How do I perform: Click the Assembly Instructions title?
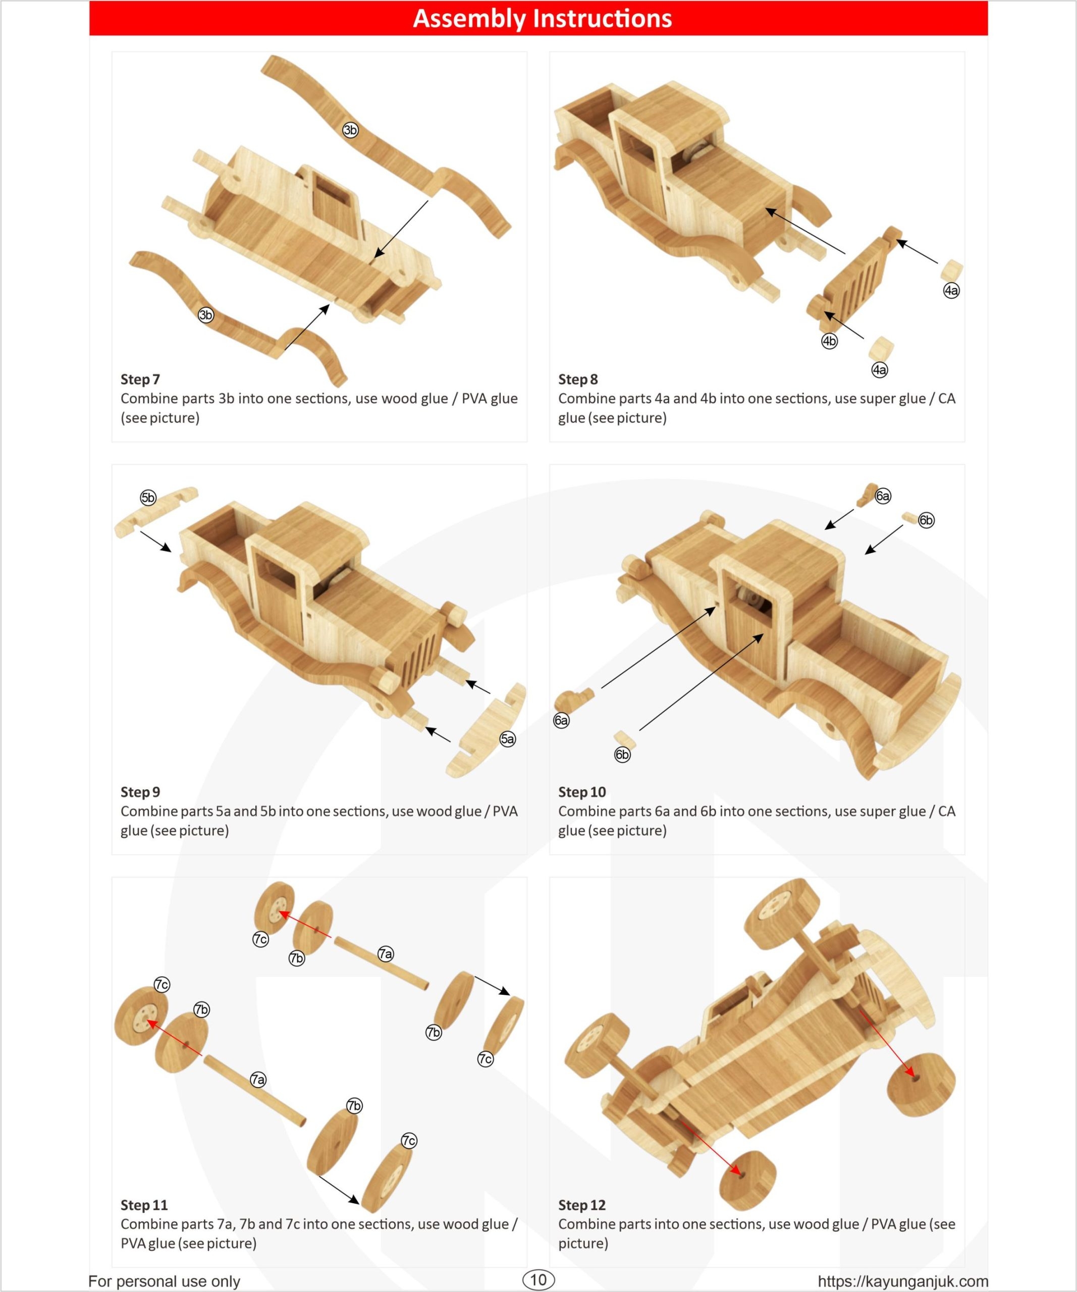point(542,19)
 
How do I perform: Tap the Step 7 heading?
point(140,379)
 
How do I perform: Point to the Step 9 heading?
point(140,792)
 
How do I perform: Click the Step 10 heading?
point(582,792)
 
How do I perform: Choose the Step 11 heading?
point(144,1205)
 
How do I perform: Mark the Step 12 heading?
point(582,1205)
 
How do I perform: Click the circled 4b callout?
point(829,341)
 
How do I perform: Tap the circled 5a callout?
point(507,739)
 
